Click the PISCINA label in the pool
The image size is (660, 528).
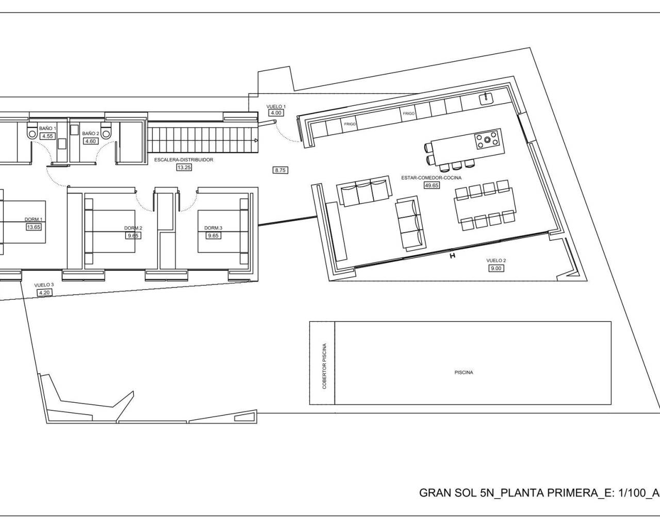pyautogui.click(x=464, y=372)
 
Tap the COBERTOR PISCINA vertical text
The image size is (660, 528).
pyautogui.click(x=325, y=366)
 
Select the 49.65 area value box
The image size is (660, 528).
pyautogui.click(x=431, y=185)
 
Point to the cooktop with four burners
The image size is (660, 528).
pyautogui.click(x=487, y=139)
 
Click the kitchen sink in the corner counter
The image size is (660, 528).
pyautogui.click(x=486, y=98)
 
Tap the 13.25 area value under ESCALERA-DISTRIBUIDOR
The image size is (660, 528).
pyautogui.click(x=184, y=167)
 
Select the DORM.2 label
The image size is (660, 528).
pyautogui.click(x=133, y=228)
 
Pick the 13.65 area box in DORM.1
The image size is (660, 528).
pyautogui.click(x=34, y=226)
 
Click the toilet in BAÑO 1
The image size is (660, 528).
pyautogui.click(x=32, y=133)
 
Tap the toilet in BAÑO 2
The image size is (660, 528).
pyautogui.click(x=107, y=133)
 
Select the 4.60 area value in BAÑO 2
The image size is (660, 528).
pyautogui.click(x=90, y=141)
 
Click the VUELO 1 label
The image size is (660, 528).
pyautogui.click(x=276, y=106)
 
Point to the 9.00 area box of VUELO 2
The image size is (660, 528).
pyautogui.click(x=496, y=268)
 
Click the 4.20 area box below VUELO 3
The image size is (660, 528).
pyautogui.click(x=45, y=292)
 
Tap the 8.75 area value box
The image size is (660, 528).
pyautogui.click(x=280, y=169)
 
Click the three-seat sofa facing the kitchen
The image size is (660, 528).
pyautogui.click(x=364, y=192)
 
